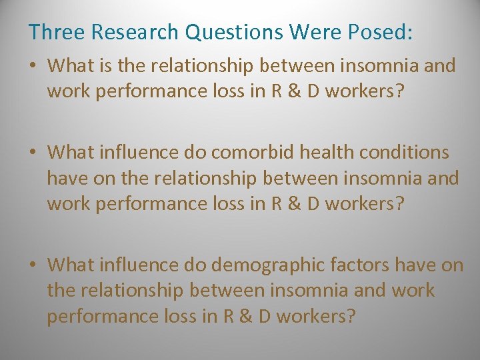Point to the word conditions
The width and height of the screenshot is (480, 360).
[x=409, y=152]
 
